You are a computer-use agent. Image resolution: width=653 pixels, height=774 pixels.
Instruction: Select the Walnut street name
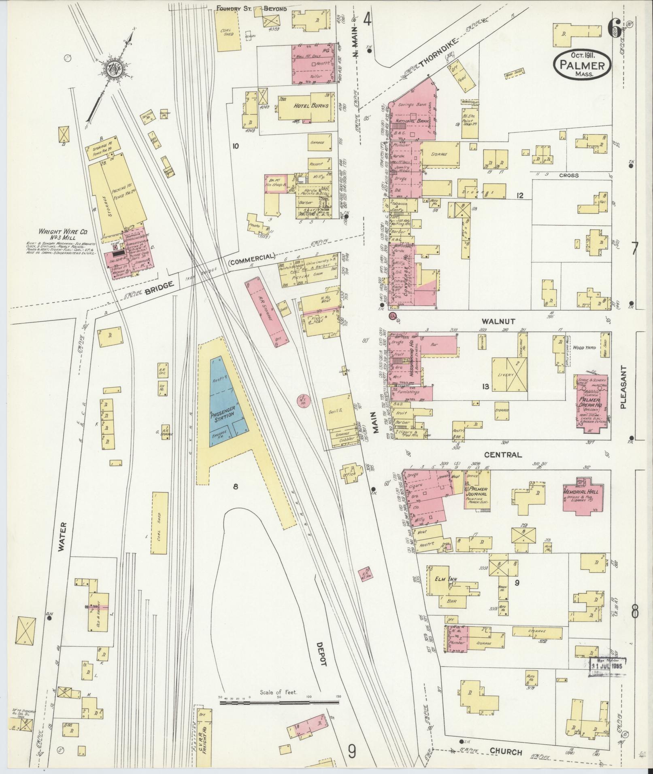[x=498, y=321]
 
